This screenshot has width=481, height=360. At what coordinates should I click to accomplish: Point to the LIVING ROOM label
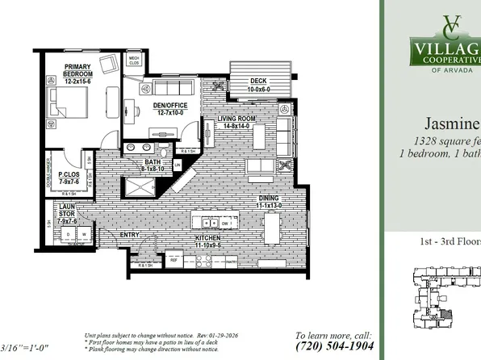(236, 122)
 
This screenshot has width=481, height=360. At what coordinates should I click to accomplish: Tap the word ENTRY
(130, 235)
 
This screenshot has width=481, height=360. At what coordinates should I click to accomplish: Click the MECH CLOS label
(134, 61)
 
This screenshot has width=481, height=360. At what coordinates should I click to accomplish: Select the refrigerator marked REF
(174, 260)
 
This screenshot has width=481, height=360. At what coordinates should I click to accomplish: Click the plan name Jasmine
(453, 123)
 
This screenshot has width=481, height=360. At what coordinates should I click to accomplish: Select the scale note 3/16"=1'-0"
(27, 346)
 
